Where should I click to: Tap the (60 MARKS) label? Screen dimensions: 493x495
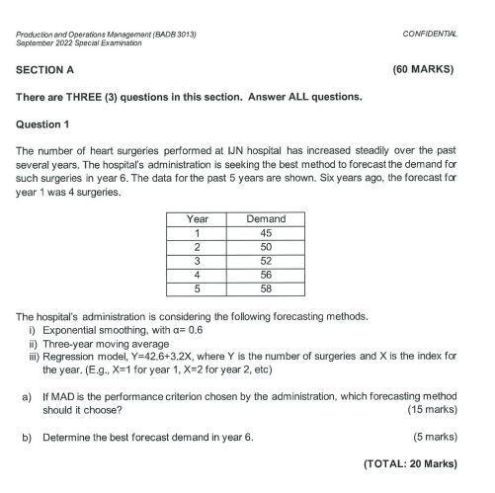(x=423, y=70)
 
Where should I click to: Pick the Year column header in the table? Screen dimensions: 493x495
(x=198, y=218)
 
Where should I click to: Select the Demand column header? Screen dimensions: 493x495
(x=265, y=218)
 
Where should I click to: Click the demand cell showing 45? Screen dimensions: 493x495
(x=265, y=232)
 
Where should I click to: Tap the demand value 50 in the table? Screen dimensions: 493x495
(x=265, y=246)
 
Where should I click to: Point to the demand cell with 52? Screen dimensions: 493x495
(x=265, y=260)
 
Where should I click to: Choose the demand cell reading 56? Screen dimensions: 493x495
(x=265, y=275)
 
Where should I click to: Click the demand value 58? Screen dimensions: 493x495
(x=265, y=288)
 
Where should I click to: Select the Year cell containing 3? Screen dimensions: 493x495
(x=198, y=260)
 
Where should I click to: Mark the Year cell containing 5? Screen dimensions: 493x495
(x=198, y=288)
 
